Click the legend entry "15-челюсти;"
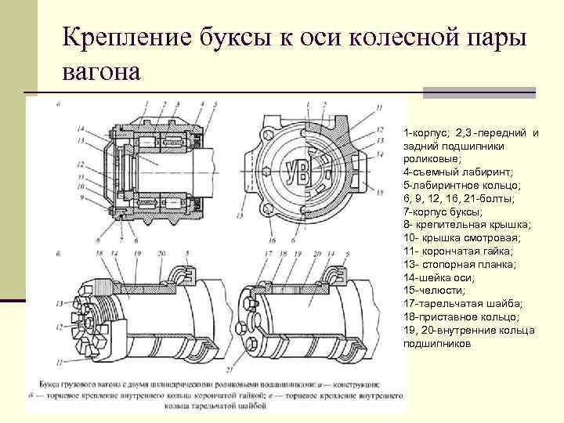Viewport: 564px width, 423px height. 432,290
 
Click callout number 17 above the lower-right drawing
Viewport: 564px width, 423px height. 268,255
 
